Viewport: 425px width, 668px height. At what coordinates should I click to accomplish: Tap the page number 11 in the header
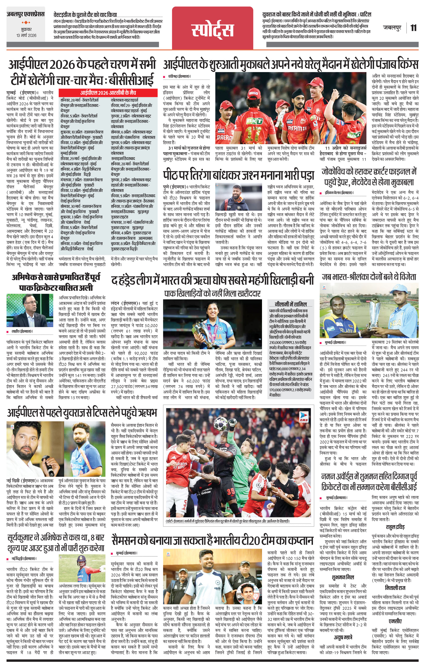click(413, 28)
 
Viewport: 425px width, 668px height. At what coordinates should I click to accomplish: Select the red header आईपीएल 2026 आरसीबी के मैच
click(108, 92)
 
